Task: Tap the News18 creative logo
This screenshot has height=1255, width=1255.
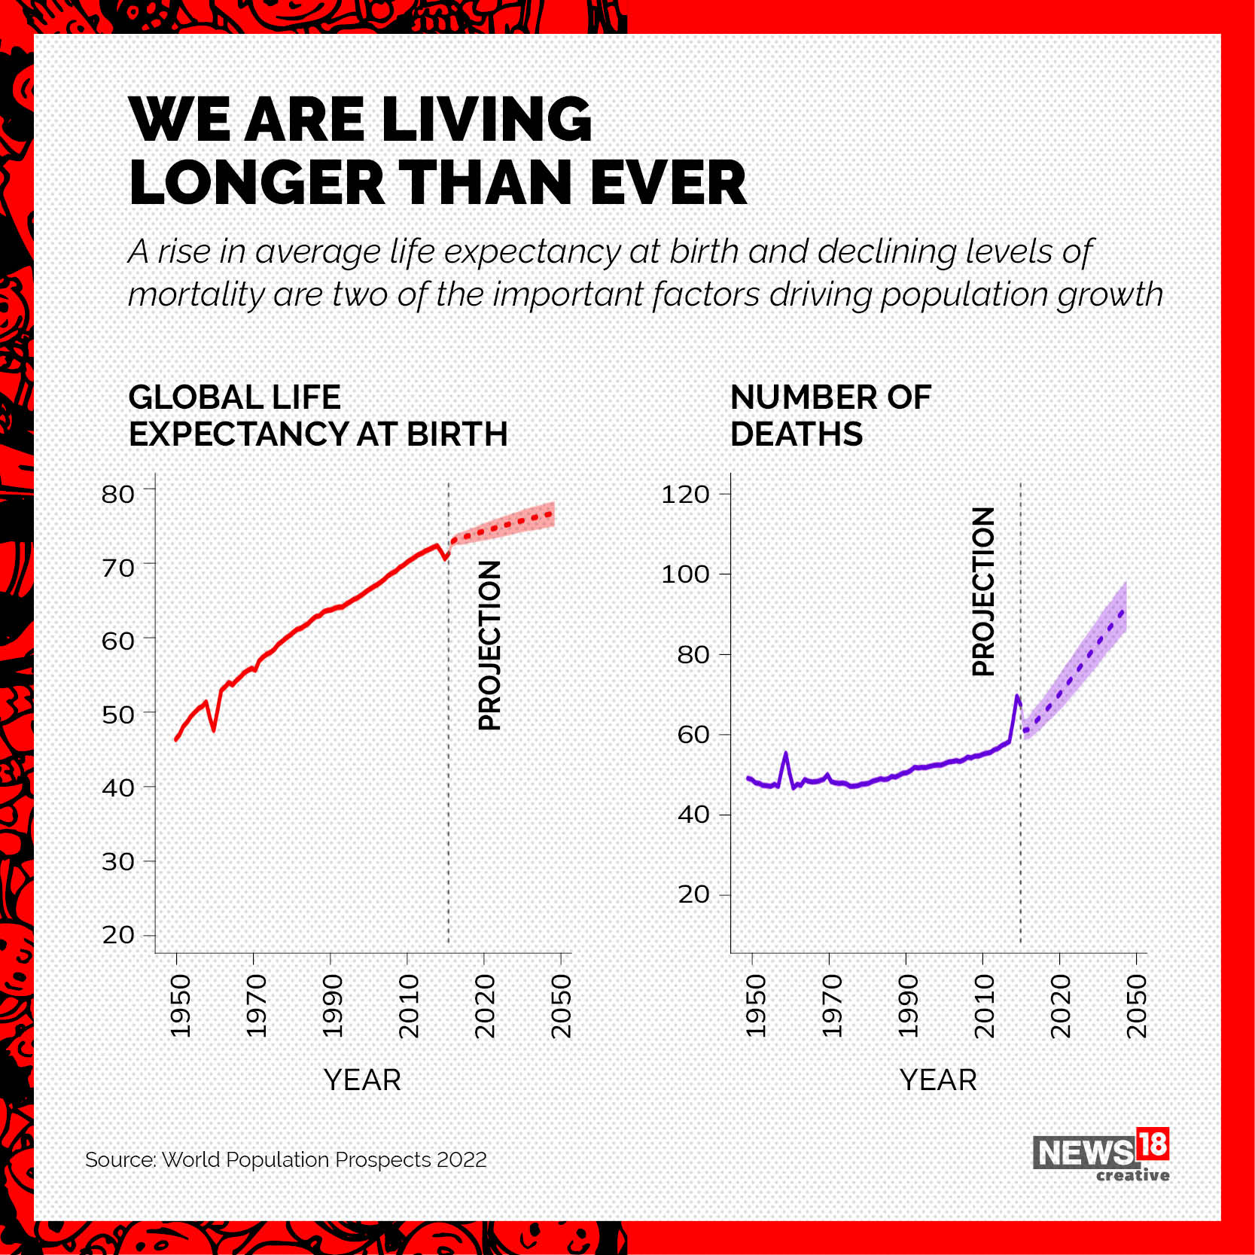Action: pos(1101,1155)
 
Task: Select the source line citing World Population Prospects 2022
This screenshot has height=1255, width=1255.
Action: pos(286,1159)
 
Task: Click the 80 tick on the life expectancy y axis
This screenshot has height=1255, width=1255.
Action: pos(118,494)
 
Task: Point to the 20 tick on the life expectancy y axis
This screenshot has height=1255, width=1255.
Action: pos(118,934)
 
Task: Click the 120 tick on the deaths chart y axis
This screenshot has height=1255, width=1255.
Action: pos(685,494)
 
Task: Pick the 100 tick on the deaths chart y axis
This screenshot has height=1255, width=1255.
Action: pos(685,574)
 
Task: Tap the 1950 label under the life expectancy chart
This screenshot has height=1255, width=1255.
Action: pos(181,1006)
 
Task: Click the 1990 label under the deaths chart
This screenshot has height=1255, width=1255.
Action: pos(908,1006)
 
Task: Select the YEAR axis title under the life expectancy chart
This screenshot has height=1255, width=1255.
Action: pos(362,1080)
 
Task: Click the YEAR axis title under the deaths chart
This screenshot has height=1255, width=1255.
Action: pos(938,1080)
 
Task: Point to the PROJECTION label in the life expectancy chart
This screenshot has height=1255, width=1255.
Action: pos(489,645)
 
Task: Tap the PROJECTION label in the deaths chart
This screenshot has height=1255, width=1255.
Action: pos(983,592)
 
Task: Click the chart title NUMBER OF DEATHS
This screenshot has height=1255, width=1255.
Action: pos(830,416)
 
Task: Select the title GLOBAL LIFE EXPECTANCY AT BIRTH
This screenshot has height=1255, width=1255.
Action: pos(318,416)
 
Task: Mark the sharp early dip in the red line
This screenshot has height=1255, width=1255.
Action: pos(214,729)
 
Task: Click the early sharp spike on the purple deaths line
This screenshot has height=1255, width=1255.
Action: pos(786,754)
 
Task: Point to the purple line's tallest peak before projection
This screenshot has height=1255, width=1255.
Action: pos(1017,696)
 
